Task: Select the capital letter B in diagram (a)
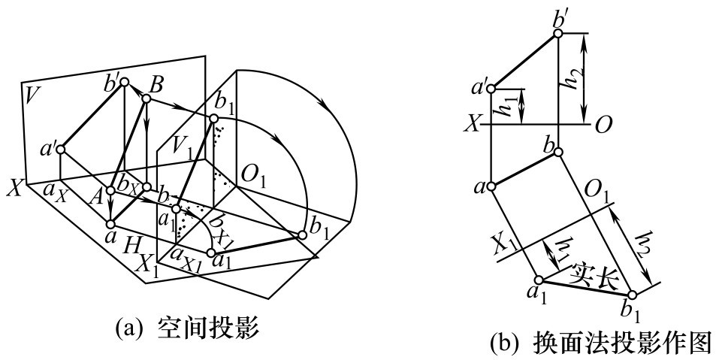coord(156,86)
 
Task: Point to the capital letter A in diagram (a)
coord(97,198)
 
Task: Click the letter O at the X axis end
coord(603,124)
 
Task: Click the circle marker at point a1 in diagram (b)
coord(539,280)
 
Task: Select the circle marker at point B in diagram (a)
coord(146,98)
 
